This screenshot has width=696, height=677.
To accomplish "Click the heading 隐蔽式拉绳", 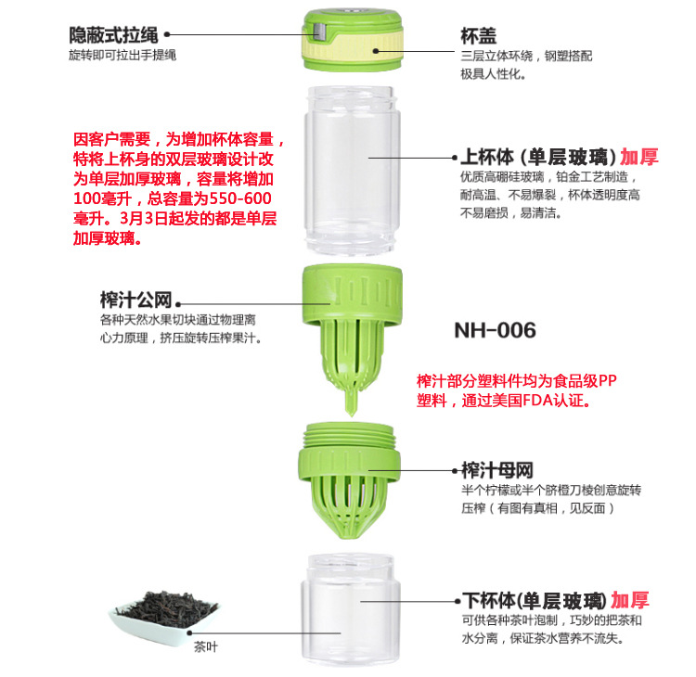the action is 113,35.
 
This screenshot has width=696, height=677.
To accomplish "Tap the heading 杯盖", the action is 479,36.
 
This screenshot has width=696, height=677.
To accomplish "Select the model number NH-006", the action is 495,330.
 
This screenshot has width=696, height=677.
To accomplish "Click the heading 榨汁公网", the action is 135,300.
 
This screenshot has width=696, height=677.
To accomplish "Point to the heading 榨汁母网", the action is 497,470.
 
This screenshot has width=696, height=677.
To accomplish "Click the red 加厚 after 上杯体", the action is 639,157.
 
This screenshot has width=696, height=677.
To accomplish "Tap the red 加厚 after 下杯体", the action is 630,600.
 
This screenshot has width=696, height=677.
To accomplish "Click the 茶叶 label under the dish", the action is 205,646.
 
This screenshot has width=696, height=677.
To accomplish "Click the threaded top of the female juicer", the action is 349,435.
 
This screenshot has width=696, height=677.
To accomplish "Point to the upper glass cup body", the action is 352,171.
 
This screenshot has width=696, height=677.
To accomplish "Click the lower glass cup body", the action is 351,609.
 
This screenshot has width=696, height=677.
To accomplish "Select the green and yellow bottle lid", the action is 353,40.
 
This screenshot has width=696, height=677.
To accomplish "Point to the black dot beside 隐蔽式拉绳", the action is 167,34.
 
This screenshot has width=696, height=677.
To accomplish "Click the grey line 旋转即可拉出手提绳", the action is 122,55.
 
